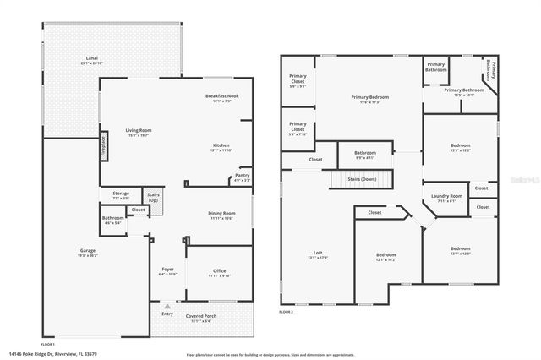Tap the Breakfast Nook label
(x=222, y=99)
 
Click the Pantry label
(x=242, y=177)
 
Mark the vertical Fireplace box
(x=105, y=146)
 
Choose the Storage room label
(x=121, y=196)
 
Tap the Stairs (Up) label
(x=153, y=197)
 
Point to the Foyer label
(x=167, y=271)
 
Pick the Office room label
(x=219, y=272)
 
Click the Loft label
(x=318, y=254)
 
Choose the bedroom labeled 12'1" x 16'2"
(x=385, y=257)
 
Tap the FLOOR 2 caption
(x=288, y=312)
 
